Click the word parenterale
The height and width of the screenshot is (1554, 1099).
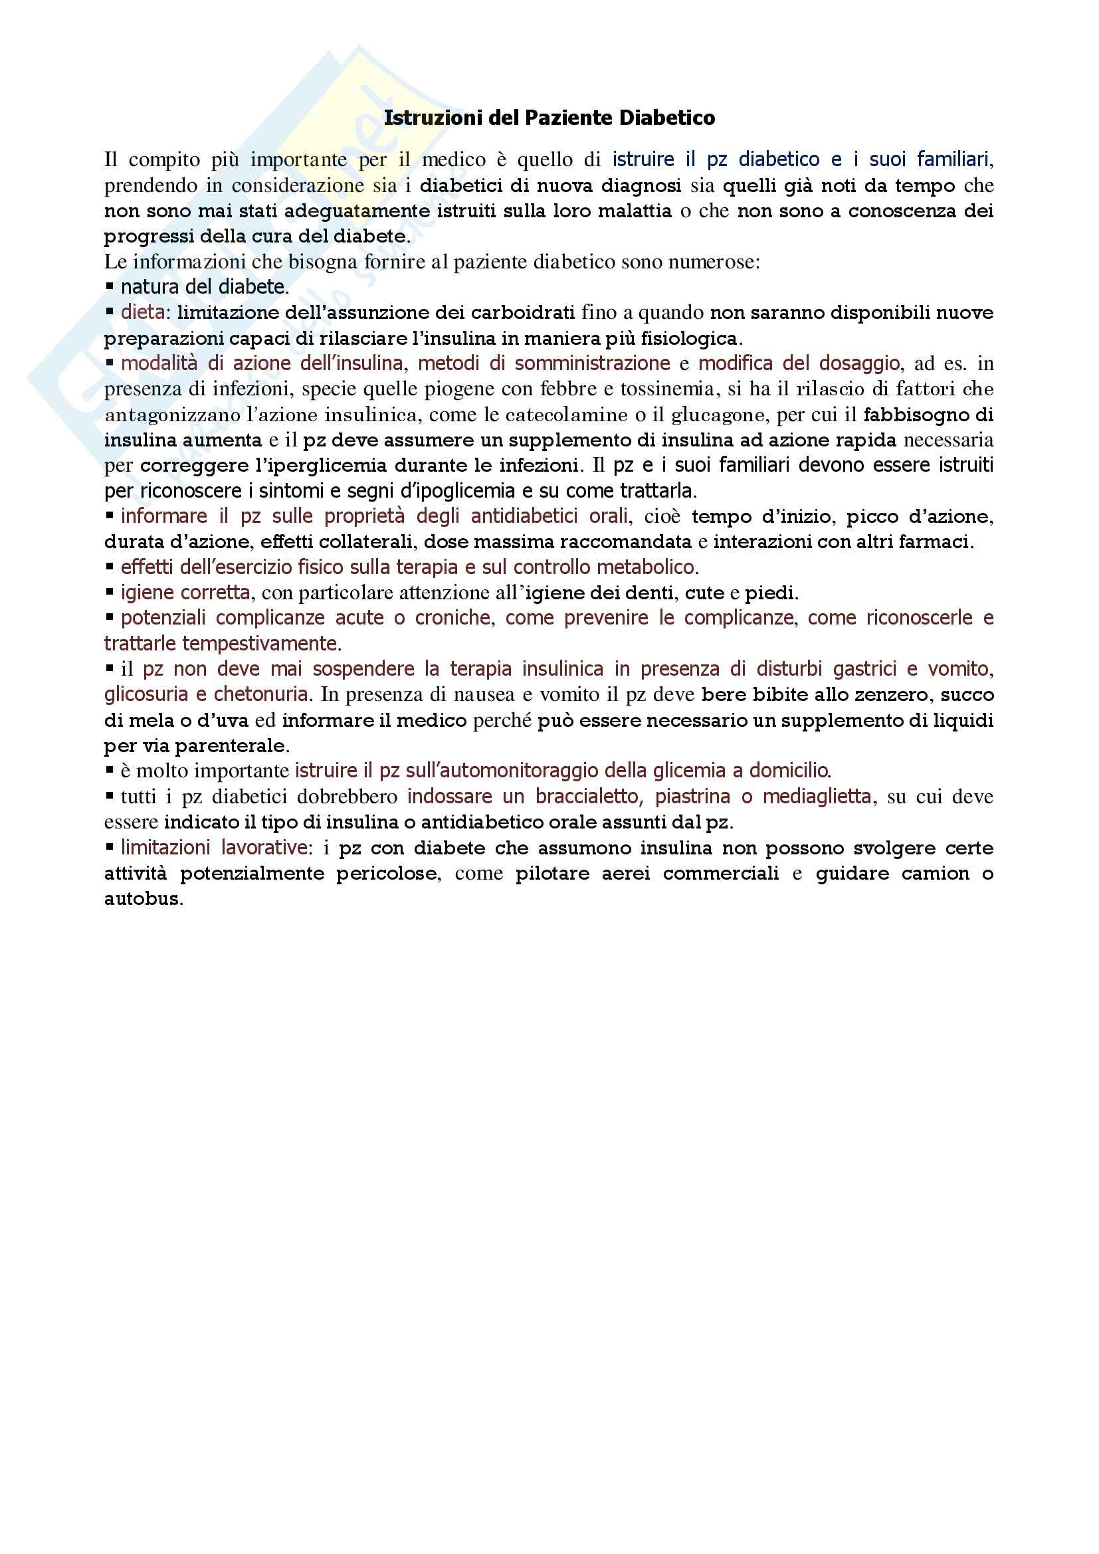pyautogui.click(x=232, y=747)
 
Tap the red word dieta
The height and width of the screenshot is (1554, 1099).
pyautogui.click(x=143, y=313)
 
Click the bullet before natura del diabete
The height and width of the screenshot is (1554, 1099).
pyautogui.click(x=110, y=287)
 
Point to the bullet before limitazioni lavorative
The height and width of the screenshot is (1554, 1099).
pyautogui.click(x=110, y=847)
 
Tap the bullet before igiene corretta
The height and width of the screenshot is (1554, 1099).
pyautogui.click(x=110, y=593)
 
